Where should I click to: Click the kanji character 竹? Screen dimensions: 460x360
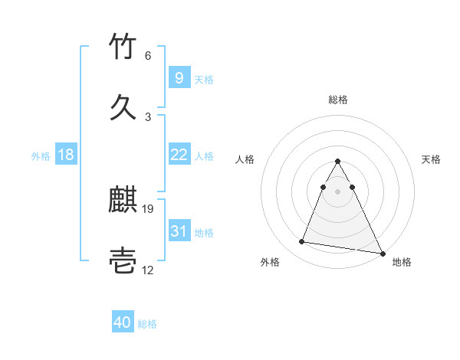point(123,47)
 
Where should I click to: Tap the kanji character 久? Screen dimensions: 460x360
point(123,107)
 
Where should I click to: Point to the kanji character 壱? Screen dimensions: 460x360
point(123,261)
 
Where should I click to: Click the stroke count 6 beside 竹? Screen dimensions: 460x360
point(148,56)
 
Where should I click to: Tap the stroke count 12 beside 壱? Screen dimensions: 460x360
point(148,270)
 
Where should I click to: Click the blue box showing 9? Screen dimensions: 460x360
point(179,77)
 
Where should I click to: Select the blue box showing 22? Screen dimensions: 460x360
point(179,155)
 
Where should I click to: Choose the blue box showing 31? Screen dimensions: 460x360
point(179,231)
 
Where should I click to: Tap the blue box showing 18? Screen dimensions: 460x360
point(66,155)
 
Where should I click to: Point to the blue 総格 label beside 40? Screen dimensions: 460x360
point(147,324)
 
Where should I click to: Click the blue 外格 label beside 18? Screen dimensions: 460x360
point(41,155)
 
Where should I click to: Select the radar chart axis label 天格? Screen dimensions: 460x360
point(431,159)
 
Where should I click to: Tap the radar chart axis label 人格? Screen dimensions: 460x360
point(245,159)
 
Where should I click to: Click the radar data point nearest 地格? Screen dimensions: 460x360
point(383,254)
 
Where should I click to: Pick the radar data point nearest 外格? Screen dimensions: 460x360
point(301,242)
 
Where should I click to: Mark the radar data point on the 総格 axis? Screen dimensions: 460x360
point(337,162)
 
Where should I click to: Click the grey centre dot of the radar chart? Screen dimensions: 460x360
point(337,190)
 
